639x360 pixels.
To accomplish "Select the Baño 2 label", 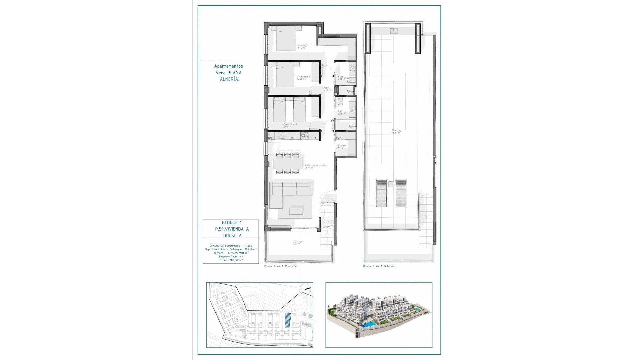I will click(342, 77).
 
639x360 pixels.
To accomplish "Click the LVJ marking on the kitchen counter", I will click(292, 137).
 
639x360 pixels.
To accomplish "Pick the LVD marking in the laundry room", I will click(339, 138).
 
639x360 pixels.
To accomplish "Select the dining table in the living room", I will click(287, 163).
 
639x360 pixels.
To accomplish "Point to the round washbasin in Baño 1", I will click(352, 109).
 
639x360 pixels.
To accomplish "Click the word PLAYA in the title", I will click(235, 72).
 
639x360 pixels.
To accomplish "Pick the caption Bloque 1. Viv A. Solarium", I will click(379, 266).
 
